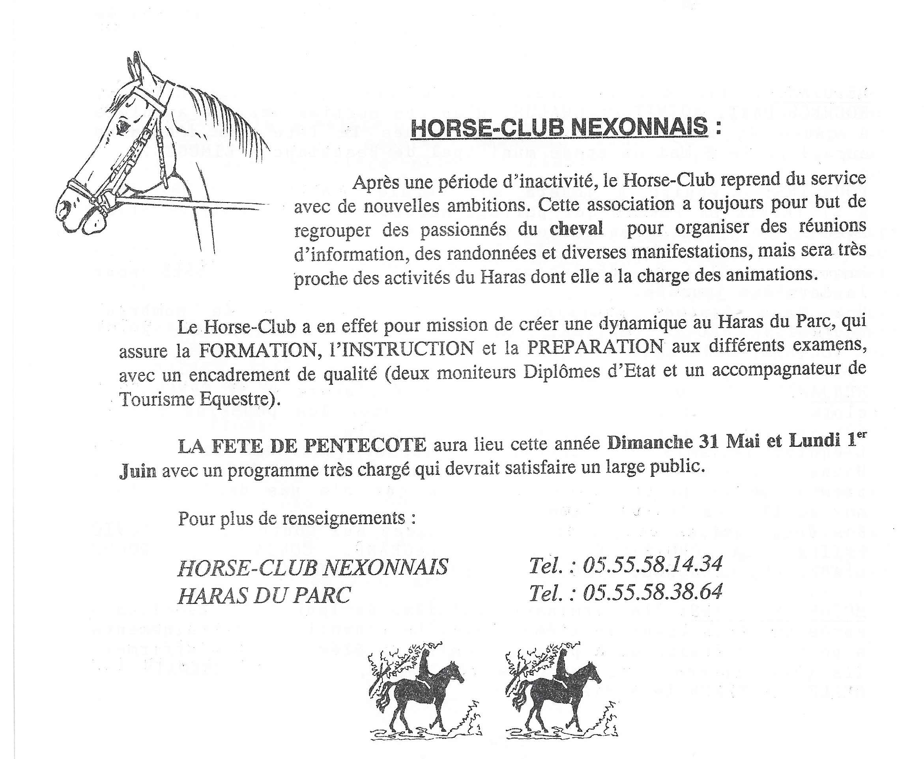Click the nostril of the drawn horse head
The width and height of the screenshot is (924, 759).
pyautogui.click(x=65, y=206)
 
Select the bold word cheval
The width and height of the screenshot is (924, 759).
pyautogui.click(x=576, y=228)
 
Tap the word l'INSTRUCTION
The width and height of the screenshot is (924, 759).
pyautogui.click(x=402, y=349)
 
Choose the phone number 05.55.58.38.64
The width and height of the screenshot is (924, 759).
pyautogui.click(x=653, y=592)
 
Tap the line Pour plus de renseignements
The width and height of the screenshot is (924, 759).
pyautogui.click(x=296, y=519)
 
